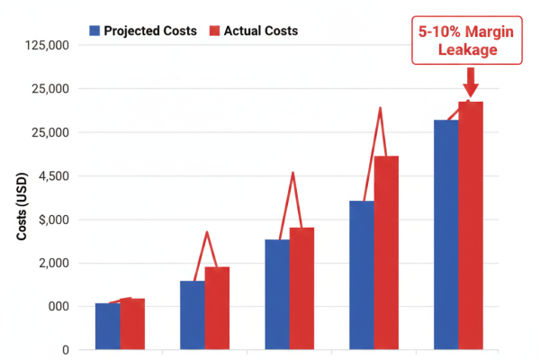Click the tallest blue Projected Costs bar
[x=445, y=234]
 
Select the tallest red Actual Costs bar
[x=471, y=225]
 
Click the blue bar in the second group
[x=192, y=315]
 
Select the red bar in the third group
[x=301, y=288]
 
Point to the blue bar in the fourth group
[x=362, y=274]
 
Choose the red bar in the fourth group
[x=386, y=252]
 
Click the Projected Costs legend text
[x=150, y=31]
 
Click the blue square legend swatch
[x=94, y=31]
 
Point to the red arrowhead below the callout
[x=470, y=90]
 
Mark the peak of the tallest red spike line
[x=381, y=108]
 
